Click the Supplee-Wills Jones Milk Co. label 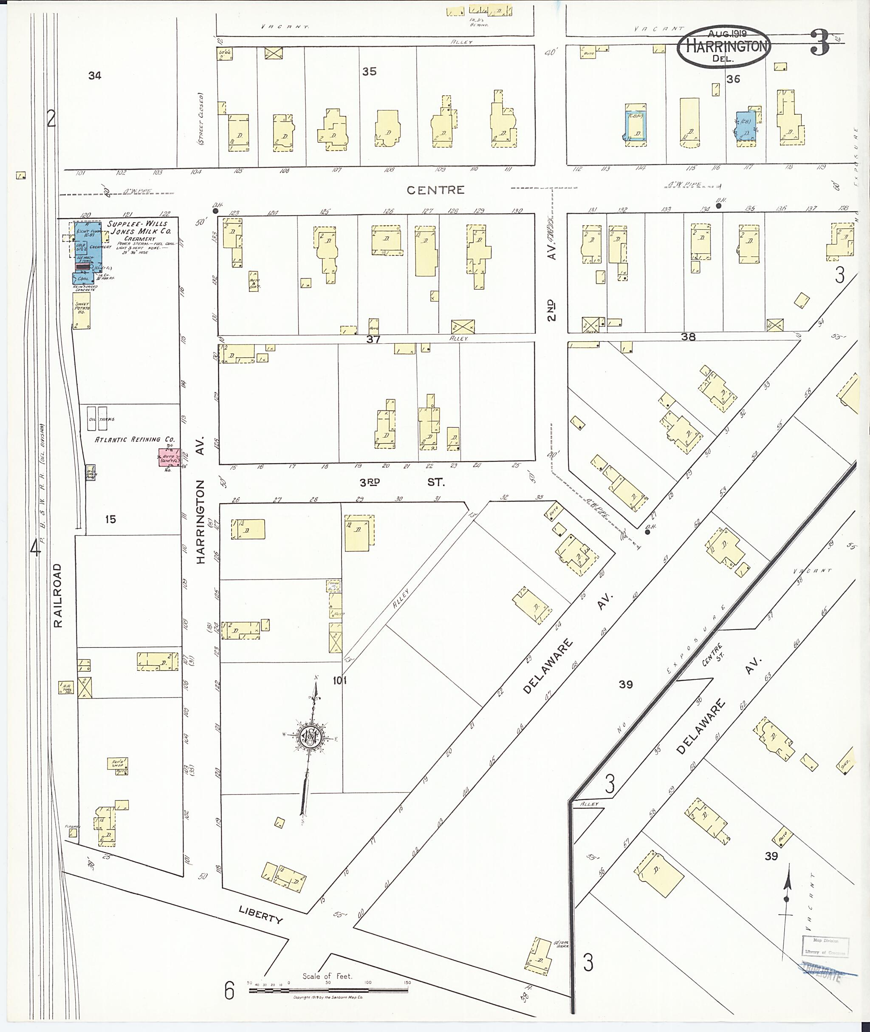click(140, 227)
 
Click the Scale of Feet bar click(329, 990)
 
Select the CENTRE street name click(435, 190)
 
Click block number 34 click(95, 76)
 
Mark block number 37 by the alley click(373, 339)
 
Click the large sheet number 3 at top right click(819, 43)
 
